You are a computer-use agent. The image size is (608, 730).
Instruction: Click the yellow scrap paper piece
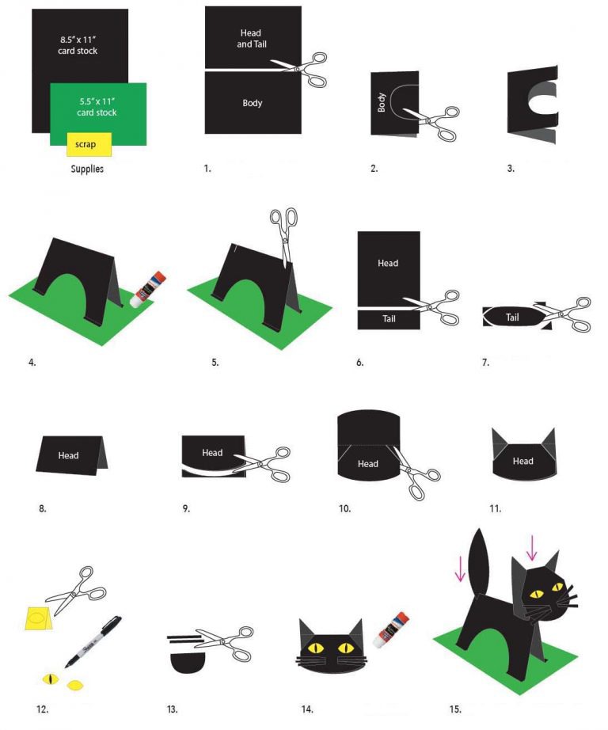[x=83, y=144]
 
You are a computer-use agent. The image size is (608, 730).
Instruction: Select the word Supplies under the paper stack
[x=87, y=169]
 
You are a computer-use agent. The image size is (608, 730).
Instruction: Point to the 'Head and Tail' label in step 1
[x=253, y=39]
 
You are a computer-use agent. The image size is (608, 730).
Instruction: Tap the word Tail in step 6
[x=389, y=318]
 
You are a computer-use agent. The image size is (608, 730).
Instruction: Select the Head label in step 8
[x=69, y=455]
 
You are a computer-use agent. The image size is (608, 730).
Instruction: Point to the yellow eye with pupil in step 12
[x=52, y=679]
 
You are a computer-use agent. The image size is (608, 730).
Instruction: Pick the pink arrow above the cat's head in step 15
[x=531, y=547]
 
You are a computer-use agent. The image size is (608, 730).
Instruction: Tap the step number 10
[x=344, y=508]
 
